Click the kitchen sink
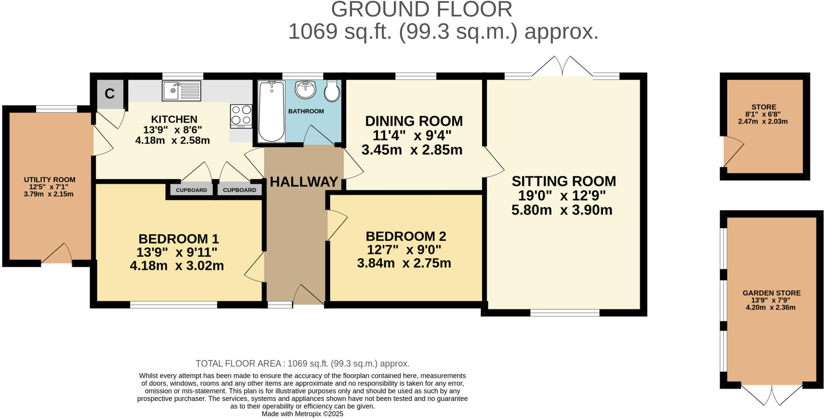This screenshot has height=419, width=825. pyautogui.click(x=181, y=91)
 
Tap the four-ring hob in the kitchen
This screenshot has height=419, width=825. pyautogui.click(x=241, y=116)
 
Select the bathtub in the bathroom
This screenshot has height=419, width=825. pyautogui.click(x=272, y=111)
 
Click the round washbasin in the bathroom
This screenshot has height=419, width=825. pyautogui.click(x=305, y=89)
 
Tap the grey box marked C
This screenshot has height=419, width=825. pyautogui.click(x=110, y=94)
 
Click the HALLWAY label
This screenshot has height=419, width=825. pyautogui.click(x=304, y=182)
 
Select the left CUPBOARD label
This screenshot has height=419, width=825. pyautogui.click(x=191, y=190)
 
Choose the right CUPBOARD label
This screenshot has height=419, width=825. pyautogui.click(x=240, y=190)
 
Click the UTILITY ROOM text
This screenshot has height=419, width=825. pyautogui.click(x=50, y=180)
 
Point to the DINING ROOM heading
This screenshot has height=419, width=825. pyautogui.click(x=414, y=121)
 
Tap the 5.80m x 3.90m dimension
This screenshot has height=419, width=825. pyautogui.click(x=562, y=210)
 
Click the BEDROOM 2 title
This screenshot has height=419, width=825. pyautogui.click(x=406, y=236)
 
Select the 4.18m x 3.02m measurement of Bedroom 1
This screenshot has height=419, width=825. pyautogui.click(x=177, y=266)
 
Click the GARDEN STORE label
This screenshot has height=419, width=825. pyautogui.click(x=771, y=293)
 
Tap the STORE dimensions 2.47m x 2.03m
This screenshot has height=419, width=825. pyautogui.click(x=763, y=121)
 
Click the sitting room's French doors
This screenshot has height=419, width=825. pyautogui.click(x=562, y=66)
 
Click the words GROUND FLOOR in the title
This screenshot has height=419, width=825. pyautogui.click(x=422, y=9)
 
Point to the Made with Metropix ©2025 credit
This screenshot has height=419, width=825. pyautogui.click(x=303, y=414)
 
